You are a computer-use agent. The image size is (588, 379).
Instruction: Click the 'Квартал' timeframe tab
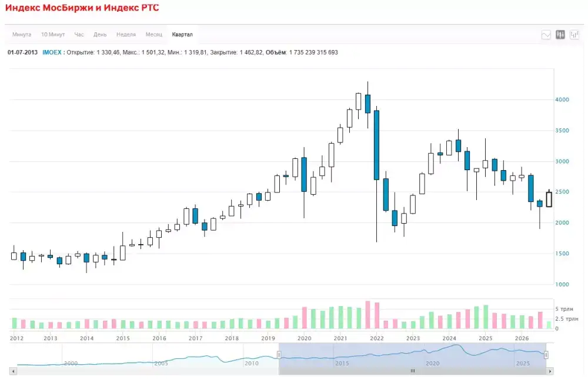click(182, 35)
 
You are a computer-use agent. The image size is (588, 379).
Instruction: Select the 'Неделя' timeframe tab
click(126, 35)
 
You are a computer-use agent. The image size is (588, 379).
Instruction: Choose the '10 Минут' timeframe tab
click(53, 35)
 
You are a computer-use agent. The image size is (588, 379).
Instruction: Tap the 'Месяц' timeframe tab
click(153, 35)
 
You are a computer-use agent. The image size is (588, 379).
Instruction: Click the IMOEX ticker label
click(52, 52)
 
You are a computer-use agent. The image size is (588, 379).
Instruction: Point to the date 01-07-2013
click(22, 52)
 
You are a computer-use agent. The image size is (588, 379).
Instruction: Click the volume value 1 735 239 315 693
click(313, 52)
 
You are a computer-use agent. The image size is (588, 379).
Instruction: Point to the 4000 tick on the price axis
click(562, 100)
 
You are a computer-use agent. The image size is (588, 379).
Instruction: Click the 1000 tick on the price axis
click(562, 284)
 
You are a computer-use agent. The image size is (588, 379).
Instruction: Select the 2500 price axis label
click(562, 192)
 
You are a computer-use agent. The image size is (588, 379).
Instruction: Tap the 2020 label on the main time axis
click(304, 338)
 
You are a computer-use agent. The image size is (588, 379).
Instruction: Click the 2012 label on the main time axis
click(16, 338)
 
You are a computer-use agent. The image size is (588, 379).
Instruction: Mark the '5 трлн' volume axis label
click(564, 309)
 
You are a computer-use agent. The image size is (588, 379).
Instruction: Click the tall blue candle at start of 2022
click(376, 145)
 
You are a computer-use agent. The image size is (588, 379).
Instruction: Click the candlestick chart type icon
click(560, 35)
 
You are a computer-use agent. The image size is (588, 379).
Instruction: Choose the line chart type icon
click(546, 35)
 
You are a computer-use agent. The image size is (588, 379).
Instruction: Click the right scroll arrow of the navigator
click(550, 371)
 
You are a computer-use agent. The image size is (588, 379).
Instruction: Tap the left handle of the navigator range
click(279, 355)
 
